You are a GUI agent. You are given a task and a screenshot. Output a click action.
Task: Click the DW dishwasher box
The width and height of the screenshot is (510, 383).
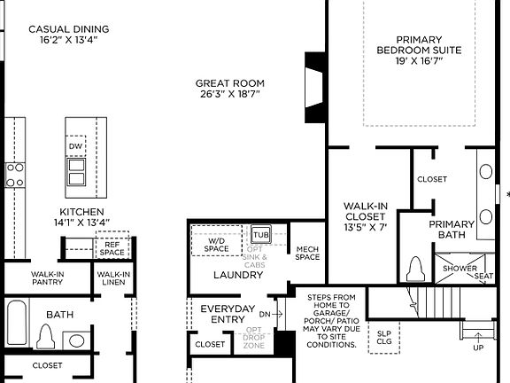(77, 146)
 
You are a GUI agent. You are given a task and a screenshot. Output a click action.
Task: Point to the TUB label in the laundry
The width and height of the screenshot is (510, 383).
(261, 235)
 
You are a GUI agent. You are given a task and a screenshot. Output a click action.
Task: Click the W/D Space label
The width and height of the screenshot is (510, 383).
(218, 244)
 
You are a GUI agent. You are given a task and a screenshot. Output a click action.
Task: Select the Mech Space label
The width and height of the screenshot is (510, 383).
(307, 253)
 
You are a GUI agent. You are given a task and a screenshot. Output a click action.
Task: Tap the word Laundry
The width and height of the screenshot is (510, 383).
(238, 275)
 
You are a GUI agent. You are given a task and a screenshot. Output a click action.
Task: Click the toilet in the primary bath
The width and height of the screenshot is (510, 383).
(416, 267)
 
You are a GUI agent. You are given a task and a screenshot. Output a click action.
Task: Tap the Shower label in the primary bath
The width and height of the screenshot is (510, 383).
(459, 269)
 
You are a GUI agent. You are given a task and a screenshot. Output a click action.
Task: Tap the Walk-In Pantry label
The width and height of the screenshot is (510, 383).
(48, 279)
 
